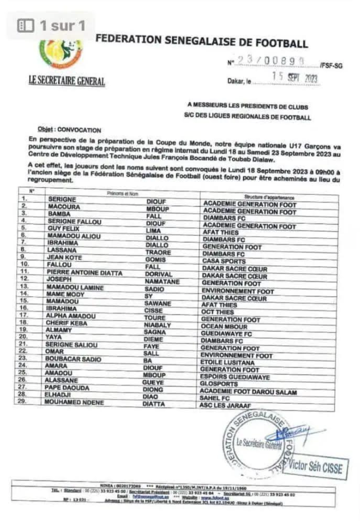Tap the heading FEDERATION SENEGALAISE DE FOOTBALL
click(x=201, y=42)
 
